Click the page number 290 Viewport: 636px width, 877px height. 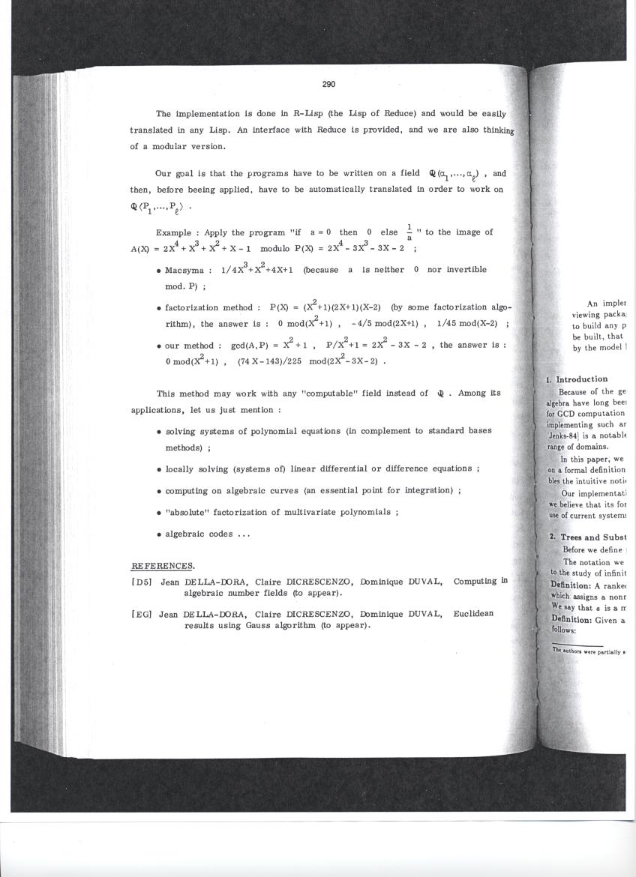pyautogui.click(x=328, y=85)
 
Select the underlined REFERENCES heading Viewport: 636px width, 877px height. pyautogui.click(x=163, y=565)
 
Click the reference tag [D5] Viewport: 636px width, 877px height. pyautogui.click(x=142, y=581)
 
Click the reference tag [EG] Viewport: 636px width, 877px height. pyautogui.click(x=142, y=614)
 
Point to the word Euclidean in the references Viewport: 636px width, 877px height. pyautogui.click(x=473, y=614)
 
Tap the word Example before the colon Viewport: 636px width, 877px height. pyautogui.click(x=172, y=233)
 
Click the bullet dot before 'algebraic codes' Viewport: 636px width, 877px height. pyautogui.click(x=160, y=535)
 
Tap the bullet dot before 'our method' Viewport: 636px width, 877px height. pyautogui.click(x=160, y=346)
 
